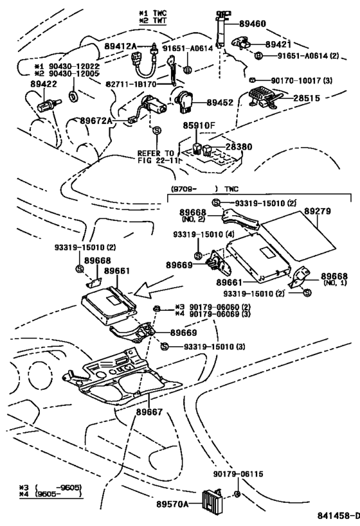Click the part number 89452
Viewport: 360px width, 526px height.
[x=219, y=101]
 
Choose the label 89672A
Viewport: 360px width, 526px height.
[x=96, y=120]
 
